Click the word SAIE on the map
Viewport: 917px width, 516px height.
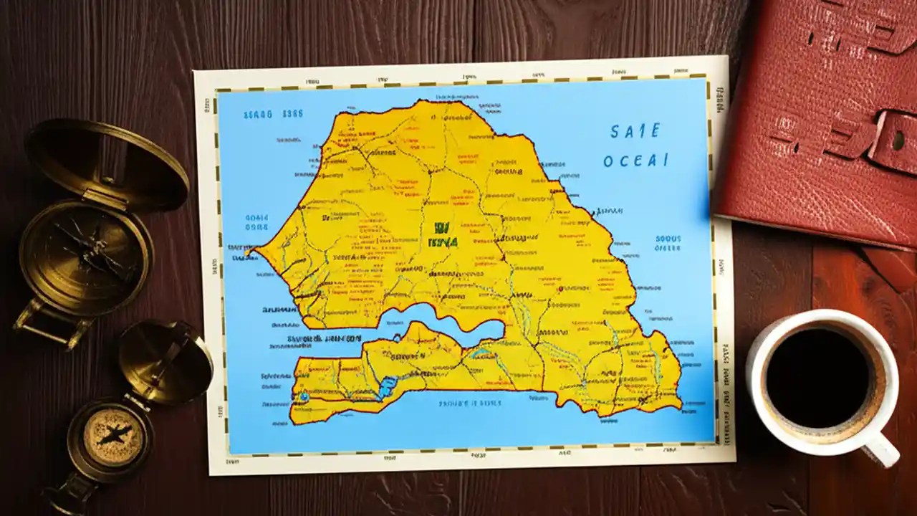point(635,131)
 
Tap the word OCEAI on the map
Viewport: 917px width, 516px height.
point(635,161)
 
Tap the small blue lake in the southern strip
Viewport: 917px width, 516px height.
point(386,388)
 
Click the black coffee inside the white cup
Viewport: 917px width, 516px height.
point(817,378)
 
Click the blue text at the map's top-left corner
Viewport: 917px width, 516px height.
point(273,114)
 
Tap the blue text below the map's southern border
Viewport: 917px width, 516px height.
point(470,403)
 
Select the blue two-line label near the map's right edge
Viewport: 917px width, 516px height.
point(668,244)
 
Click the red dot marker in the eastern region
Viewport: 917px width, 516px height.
point(561,288)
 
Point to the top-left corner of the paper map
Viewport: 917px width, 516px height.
point(196,72)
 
